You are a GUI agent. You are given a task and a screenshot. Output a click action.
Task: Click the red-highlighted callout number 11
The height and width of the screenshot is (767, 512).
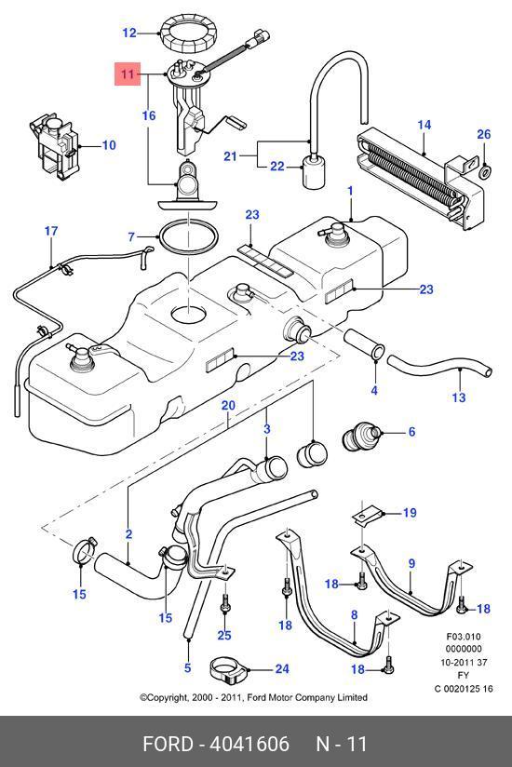(x=128, y=74)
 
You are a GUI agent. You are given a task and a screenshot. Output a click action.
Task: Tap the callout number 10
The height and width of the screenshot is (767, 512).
(x=109, y=145)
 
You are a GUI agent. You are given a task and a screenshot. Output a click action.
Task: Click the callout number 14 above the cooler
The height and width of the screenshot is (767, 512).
(x=424, y=126)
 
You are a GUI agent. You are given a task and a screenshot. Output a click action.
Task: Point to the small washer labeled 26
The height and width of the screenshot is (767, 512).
(x=485, y=171)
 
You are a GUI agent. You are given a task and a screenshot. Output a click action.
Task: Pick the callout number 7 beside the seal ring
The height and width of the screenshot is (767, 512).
(x=131, y=237)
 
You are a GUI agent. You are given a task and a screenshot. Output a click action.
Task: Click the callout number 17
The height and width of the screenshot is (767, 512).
(x=51, y=231)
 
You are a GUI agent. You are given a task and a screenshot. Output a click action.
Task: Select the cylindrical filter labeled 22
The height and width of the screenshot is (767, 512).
(x=313, y=171)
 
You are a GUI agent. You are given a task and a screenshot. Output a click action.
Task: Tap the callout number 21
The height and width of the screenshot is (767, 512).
(x=230, y=156)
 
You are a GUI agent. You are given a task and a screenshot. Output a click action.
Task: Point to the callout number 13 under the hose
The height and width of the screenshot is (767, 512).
(x=459, y=397)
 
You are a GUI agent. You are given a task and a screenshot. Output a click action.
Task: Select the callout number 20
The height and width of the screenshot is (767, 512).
(x=228, y=406)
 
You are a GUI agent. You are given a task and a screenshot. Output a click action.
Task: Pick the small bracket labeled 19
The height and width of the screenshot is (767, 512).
(x=367, y=516)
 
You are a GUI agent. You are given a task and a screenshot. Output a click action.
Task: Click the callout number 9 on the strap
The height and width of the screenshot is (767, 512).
(x=411, y=563)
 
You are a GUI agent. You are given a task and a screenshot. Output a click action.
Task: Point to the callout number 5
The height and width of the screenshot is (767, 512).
(x=188, y=667)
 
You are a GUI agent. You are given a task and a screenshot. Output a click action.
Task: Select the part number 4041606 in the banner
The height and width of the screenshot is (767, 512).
(x=249, y=744)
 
